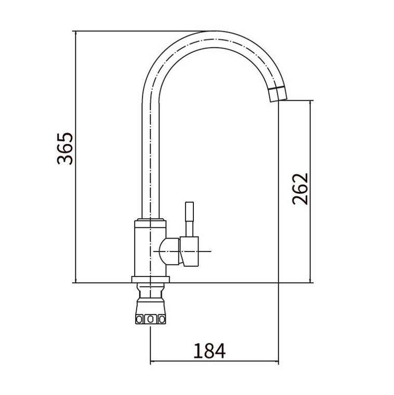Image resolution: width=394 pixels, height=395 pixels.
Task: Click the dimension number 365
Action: point(65,148)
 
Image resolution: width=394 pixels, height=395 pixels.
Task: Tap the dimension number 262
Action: point(300,189)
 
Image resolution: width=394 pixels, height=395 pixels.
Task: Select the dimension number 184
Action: point(209,351)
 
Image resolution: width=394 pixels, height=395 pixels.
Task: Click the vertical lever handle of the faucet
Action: point(189,219)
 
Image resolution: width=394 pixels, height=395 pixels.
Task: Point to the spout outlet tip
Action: point(279,100)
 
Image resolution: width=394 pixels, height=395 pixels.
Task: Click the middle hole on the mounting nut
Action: point(150,320)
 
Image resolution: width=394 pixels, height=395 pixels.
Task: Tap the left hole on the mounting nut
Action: point(139,320)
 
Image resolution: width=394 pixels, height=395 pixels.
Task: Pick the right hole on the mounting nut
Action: point(162,320)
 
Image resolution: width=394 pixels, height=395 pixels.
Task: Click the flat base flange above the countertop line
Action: point(151,279)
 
